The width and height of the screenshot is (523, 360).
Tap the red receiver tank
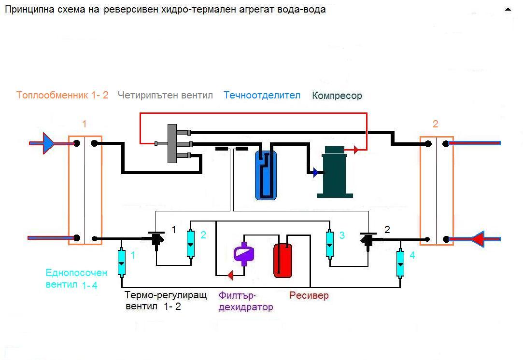pos(283,261)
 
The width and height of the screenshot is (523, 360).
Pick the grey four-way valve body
pos(171,143)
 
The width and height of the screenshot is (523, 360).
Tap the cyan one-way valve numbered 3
pos(330,243)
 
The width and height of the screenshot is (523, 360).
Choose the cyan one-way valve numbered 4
pos(400,263)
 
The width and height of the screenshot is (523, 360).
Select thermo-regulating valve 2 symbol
pos(368,239)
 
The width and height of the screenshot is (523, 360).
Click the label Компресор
pos(337,96)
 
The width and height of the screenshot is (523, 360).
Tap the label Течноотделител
pos(262,96)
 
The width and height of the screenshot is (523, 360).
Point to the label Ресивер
pos(309,295)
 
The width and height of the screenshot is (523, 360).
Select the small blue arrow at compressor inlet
pos(315,172)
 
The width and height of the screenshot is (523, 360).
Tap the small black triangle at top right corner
pos(508,9)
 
